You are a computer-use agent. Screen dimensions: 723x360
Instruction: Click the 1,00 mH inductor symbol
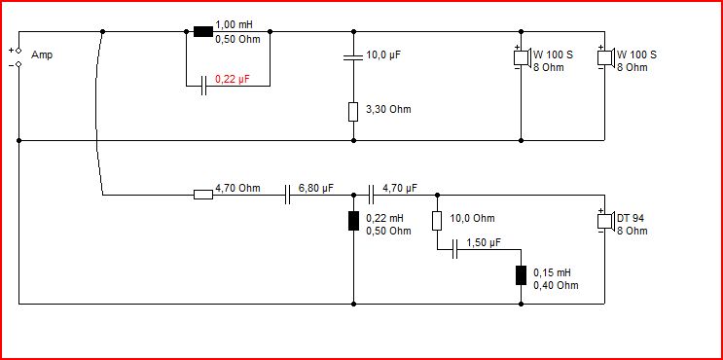[202, 31]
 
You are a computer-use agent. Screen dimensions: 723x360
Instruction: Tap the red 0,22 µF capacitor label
[233, 79]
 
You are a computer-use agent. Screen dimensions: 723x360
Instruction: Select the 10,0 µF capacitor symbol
[353, 57]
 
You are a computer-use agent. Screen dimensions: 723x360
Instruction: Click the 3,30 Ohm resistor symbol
[353, 112]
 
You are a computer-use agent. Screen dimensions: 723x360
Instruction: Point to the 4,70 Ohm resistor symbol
[202, 195]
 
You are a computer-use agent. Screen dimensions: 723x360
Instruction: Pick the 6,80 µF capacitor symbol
[287, 195]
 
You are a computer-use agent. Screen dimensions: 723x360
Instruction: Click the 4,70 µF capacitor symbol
[371, 195]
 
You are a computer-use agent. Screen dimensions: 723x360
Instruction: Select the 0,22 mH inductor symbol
[353, 220]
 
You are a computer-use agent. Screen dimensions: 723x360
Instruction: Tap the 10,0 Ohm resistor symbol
[437, 220]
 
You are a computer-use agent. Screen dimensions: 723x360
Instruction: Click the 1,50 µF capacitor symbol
[454, 249]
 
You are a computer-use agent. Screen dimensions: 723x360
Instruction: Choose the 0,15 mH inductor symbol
[521, 275]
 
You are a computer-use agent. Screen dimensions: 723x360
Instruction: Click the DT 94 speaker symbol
[607, 220]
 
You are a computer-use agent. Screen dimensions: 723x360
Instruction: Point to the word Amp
[42, 55]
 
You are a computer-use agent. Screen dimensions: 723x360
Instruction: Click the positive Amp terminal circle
[18, 51]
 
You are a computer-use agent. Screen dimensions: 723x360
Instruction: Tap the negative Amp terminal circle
[18, 64]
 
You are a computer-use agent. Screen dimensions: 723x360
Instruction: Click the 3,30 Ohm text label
[388, 109]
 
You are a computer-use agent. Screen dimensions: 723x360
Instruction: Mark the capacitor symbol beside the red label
[203, 86]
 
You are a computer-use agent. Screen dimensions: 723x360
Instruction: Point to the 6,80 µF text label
[316, 188]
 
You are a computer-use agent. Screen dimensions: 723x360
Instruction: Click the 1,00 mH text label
[234, 24]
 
